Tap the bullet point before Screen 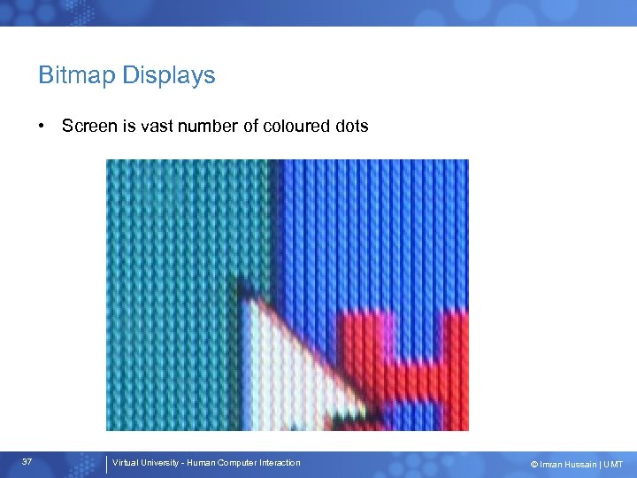pyautogui.click(x=42, y=126)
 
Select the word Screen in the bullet pyautogui.click(x=89, y=126)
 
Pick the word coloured pyautogui.click(x=295, y=126)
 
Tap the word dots pyautogui.click(x=352, y=126)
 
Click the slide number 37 pyautogui.click(x=27, y=463)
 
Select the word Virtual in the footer pyautogui.click(x=126, y=463)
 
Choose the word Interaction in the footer pyautogui.click(x=283, y=463)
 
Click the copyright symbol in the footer pyautogui.click(x=533, y=465)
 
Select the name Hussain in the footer pyautogui.click(x=580, y=465)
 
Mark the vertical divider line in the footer pyautogui.click(x=106, y=465)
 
